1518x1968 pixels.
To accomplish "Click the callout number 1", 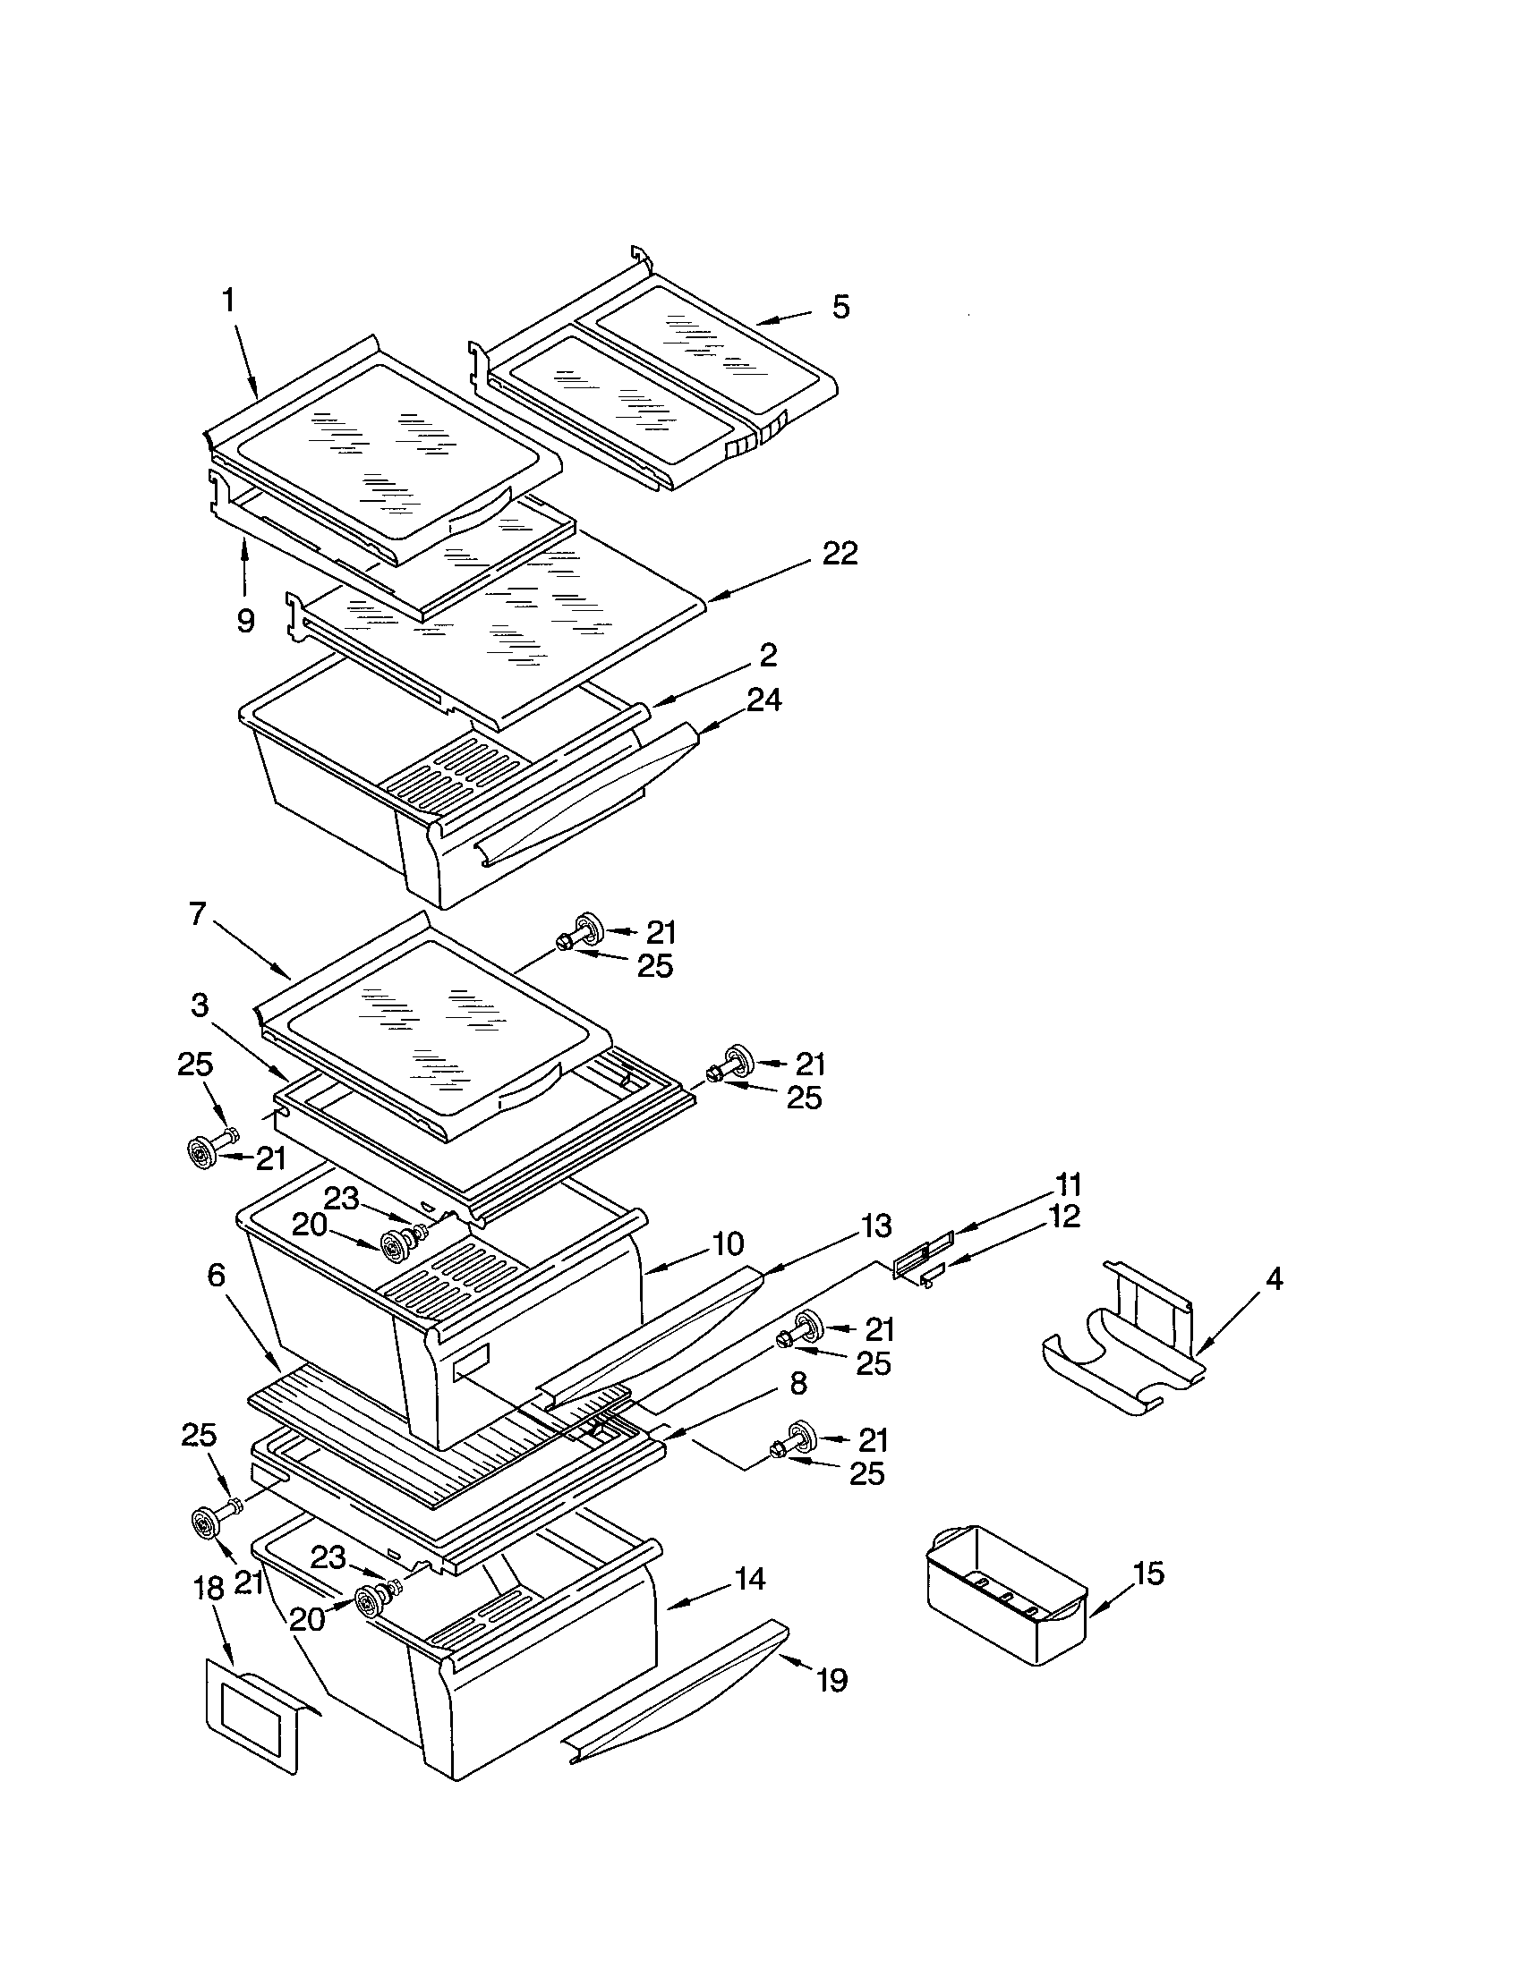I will [x=229, y=300].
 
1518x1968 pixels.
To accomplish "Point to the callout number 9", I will [x=245, y=621].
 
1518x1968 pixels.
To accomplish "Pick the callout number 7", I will [x=198, y=913].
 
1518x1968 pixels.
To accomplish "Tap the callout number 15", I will [x=1148, y=1574].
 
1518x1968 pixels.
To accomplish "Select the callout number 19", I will [x=832, y=1680].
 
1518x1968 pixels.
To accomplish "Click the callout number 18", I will [x=209, y=1588].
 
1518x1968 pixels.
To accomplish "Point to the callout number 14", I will [x=749, y=1578].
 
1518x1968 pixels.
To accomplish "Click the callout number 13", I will [x=876, y=1226].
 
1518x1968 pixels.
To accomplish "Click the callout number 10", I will [x=728, y=1244].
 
